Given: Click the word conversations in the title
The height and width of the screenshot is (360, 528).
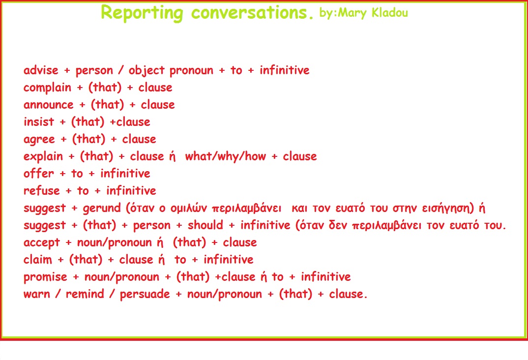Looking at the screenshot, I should [x=252, y=13].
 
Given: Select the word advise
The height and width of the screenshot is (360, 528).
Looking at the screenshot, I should [x=41, y=70].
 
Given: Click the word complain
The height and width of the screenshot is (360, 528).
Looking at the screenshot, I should [x=48, y=88].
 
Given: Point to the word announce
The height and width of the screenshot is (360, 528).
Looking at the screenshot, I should [x=48, y=105].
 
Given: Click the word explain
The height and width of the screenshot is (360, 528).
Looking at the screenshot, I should [x=43, y=157].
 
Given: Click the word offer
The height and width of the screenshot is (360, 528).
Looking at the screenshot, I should [x=38, y=174].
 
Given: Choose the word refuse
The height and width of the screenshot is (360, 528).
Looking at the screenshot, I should [x=42, y=191].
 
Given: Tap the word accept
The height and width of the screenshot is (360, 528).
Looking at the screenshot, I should [x=42, y=243].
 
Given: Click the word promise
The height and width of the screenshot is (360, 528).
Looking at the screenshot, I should [x=45, y=277].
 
